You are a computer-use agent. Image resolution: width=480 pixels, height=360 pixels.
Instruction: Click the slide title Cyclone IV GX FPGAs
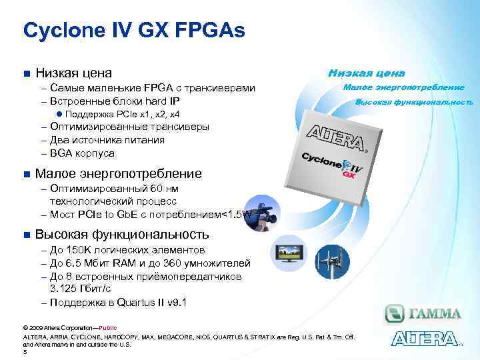[134, 30]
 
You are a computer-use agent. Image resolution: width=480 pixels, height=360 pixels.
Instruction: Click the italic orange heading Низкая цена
[366, 73]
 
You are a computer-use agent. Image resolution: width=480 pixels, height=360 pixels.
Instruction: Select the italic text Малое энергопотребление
[403, 87]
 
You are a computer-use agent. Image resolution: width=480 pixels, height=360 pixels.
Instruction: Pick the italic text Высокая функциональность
[414, 103]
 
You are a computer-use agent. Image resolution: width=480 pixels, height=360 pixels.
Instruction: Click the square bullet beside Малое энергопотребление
[27, 175]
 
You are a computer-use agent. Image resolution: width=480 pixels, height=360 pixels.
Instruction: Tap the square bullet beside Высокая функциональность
[27, 235]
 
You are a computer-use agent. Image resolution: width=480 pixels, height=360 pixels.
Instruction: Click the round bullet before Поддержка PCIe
[59, 115]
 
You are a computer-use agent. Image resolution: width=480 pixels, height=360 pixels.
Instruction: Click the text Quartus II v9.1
[152, 302]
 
